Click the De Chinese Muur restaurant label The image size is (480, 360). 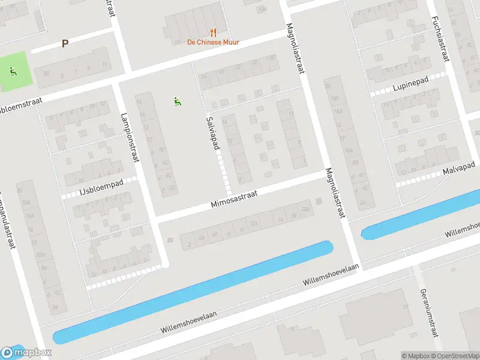point(212,42)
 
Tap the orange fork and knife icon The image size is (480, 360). point(212,32)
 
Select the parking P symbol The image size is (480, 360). point(65,44)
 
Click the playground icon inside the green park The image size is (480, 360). point(13,71)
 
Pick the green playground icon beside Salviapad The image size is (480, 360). point(176,101)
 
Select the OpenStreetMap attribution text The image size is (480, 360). point(457,356)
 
